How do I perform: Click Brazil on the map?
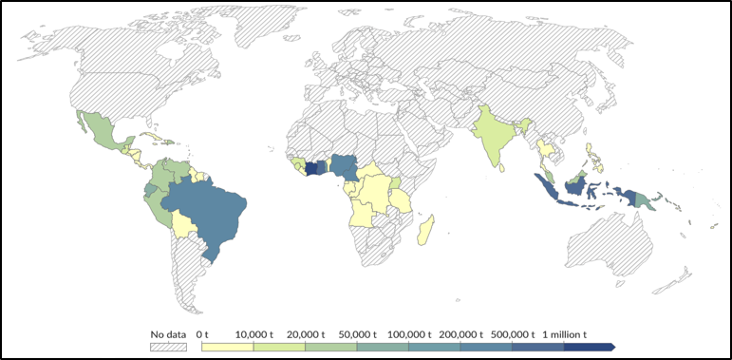pos(209,214)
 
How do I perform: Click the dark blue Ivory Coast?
pos(311,167)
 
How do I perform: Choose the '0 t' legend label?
pos(201,334)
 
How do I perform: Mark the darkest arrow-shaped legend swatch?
pos(589,348)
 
